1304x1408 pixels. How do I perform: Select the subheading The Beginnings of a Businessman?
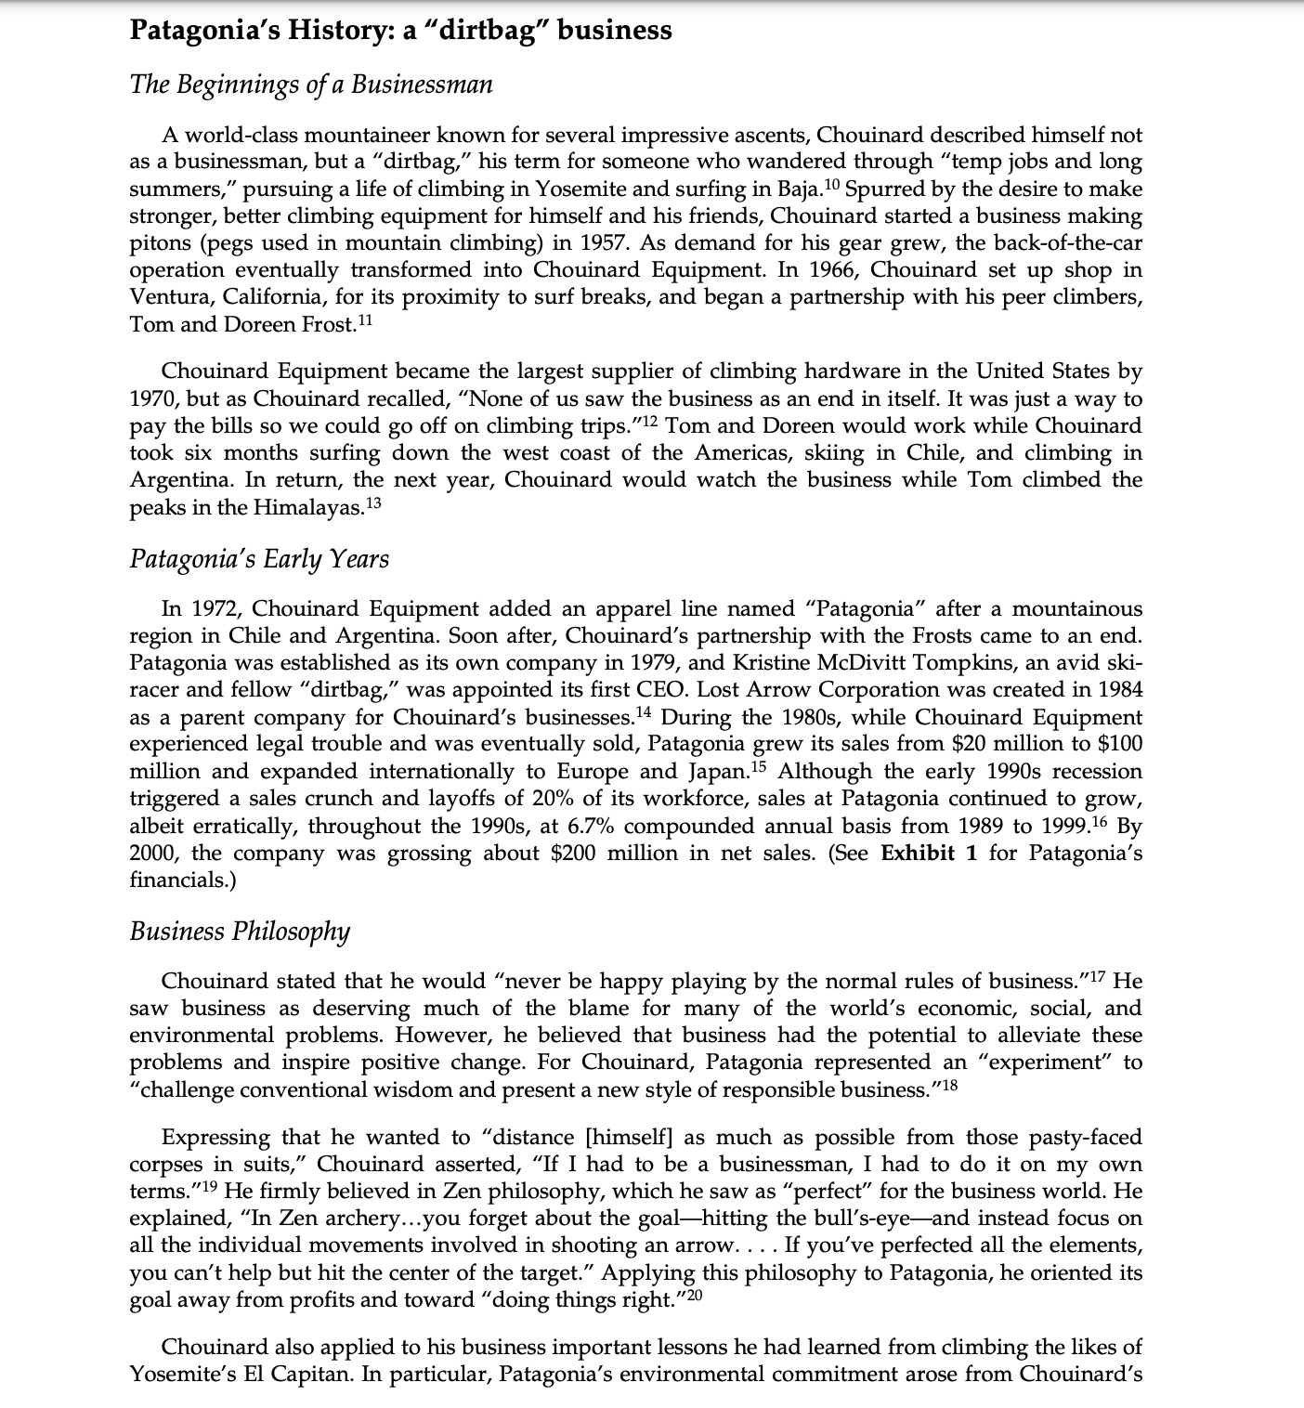311,85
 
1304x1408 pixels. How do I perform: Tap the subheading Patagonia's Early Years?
259,559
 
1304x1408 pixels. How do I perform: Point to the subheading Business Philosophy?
240,932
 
